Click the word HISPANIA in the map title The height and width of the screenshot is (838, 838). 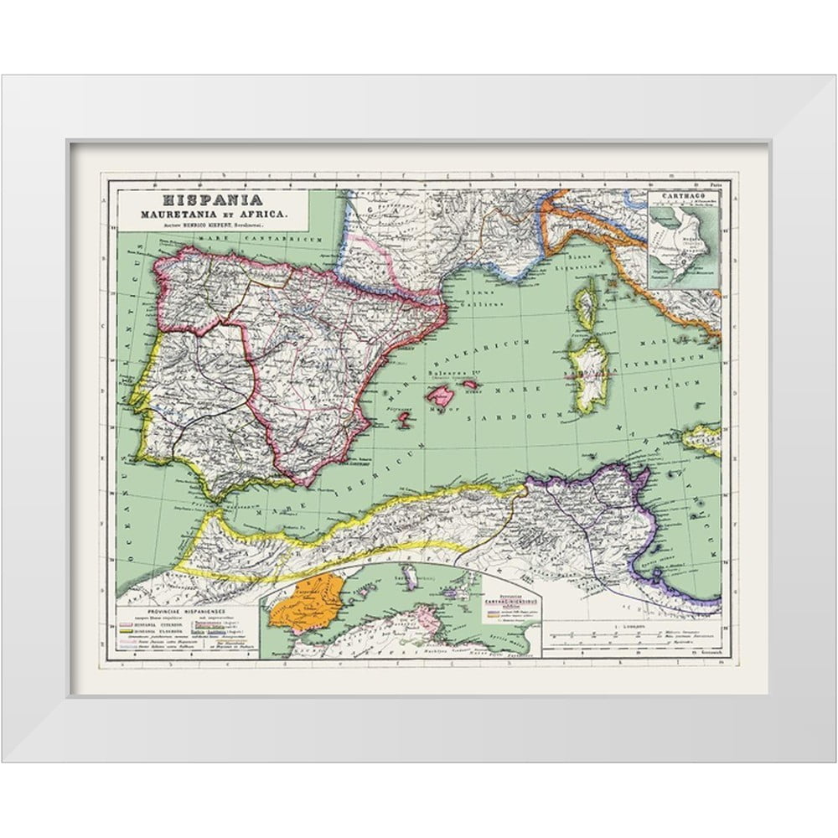tap(199, 200)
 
